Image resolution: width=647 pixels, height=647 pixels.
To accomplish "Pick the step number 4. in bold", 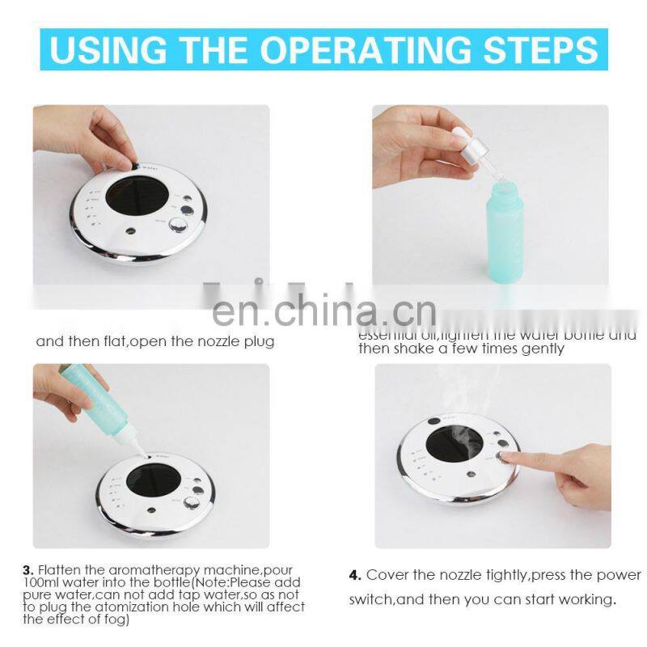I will point(355,575).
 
